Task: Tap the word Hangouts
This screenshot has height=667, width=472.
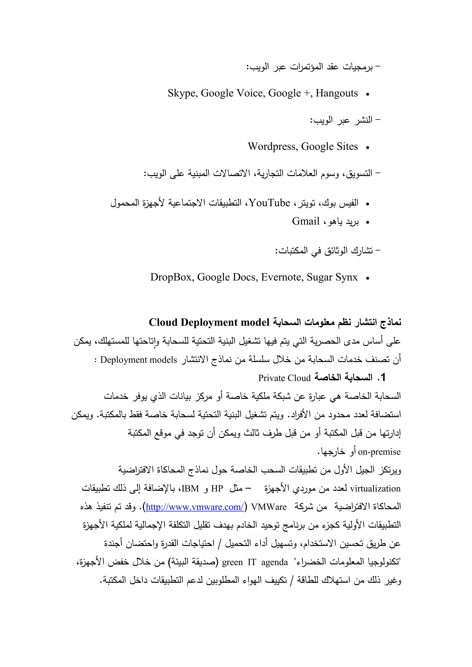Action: coord(336,94)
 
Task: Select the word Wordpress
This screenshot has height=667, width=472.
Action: coord(272,147)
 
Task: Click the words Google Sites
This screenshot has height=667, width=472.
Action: coord(329,147)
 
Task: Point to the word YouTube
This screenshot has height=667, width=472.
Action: coord(269,203)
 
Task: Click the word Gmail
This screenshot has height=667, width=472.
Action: coord(305,221)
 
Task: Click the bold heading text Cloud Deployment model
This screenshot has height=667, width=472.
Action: coord(209,322)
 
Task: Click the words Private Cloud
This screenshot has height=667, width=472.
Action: coord(284,378)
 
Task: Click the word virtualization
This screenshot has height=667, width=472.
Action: coord(375,489)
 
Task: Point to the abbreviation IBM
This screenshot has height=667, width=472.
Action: coord(190,489)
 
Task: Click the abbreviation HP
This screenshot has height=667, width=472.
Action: coord(217,489)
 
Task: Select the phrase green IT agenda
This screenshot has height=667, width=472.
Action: coord(255,563)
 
